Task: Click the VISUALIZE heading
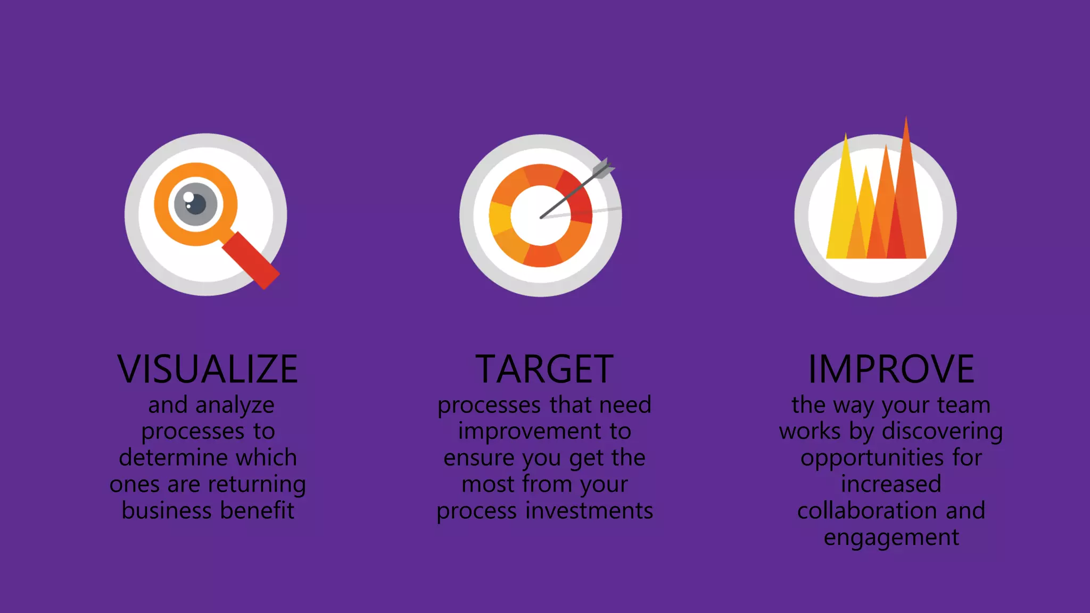coord(208,369)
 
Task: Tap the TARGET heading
coord(544,369)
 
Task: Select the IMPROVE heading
coord(891,369)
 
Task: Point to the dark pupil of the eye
coord(196,204)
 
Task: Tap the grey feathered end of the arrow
coord(604,169)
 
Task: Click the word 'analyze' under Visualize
coord(235,405)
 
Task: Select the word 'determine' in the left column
coord(170,458)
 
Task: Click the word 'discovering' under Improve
coord(942,432)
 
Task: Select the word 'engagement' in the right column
coord(891,537)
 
